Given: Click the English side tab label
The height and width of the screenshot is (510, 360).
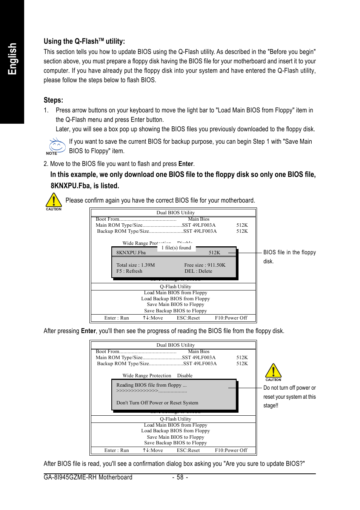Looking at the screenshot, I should [x=12, y=59].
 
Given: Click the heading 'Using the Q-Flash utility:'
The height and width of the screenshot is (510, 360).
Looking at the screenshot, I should [x=84, y=41].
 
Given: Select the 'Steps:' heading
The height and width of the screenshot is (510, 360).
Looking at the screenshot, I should [x=53, y=100].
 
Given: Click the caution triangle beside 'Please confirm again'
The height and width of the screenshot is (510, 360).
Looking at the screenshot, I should [x=54, y=201].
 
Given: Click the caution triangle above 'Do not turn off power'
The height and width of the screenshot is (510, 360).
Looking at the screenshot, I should [x=273, y=371].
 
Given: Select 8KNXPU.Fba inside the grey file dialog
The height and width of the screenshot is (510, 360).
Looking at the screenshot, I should [x=131, y=253].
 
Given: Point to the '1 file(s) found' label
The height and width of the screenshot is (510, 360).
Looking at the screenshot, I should [x=176, y=248].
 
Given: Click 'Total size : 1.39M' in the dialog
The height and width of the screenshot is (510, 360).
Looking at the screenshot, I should [x=135, y=265].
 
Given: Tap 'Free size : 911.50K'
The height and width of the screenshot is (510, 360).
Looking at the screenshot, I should [x=205, y=265].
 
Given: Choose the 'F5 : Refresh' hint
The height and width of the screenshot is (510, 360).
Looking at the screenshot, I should [x=129, y=271].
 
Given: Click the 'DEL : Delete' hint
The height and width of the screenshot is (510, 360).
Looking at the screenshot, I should [x=198, y=271].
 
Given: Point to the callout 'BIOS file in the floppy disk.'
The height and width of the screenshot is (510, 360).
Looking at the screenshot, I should [x=289, y=257].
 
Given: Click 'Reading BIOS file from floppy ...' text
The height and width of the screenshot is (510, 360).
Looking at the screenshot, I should [x=151, y=385].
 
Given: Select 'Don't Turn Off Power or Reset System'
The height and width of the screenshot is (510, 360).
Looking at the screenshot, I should [x=157, y=403].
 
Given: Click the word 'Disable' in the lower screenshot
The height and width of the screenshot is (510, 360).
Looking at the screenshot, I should [x=185, y=376].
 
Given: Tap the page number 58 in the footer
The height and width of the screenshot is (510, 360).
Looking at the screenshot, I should [x=180, y=478].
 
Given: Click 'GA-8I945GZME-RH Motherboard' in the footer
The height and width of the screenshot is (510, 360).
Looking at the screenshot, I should [x=88, y=478].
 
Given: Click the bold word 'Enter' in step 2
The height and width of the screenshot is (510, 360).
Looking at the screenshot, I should [x=186, y=164].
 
